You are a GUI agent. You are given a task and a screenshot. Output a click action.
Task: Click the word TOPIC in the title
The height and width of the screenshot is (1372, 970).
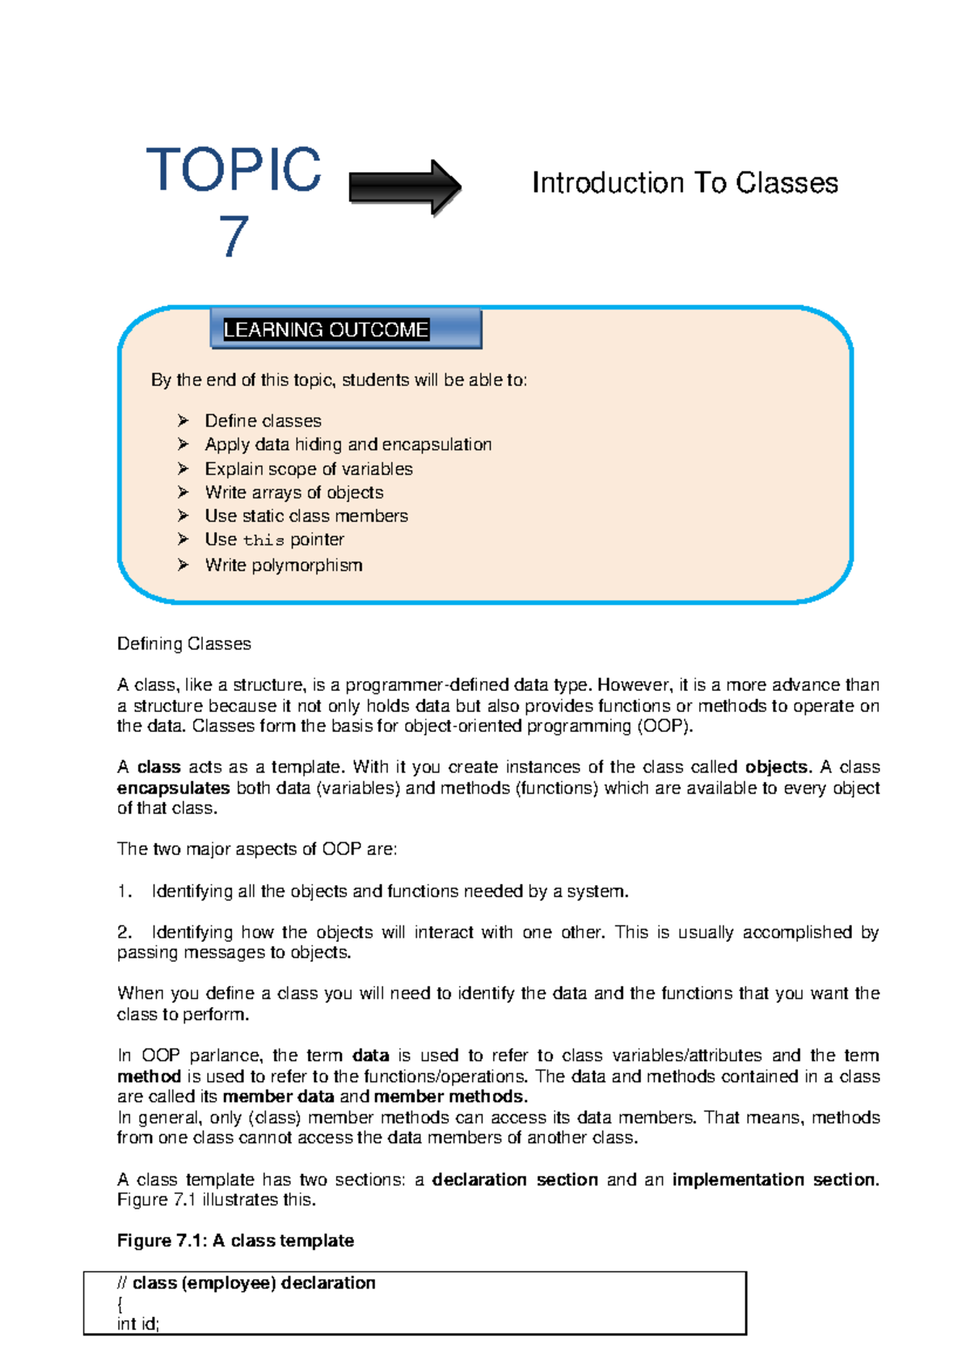pos(233,170)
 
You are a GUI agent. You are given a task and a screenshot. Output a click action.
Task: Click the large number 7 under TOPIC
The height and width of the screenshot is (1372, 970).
pos(233,236)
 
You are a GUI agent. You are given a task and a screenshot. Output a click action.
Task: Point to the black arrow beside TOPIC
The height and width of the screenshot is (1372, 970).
pos(404,187)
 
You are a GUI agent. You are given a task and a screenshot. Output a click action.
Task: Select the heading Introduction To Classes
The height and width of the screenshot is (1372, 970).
pos(684,183)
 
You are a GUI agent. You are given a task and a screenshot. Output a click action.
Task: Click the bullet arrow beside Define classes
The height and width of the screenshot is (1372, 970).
pos(183,421)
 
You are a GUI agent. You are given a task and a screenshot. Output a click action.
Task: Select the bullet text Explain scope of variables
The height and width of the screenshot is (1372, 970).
pos(308,469)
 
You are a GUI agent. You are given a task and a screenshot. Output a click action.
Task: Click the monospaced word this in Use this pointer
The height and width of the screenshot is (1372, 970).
pos(264,540)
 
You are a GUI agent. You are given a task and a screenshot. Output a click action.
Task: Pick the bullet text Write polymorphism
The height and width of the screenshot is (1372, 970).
pos(283,565)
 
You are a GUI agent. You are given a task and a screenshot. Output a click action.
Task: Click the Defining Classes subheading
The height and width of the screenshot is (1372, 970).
pos(183,644)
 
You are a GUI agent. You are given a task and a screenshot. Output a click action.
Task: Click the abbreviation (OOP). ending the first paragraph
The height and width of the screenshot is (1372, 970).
pos(664,726)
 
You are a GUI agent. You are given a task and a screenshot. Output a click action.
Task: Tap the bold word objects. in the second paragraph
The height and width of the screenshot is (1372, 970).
pos(777,767)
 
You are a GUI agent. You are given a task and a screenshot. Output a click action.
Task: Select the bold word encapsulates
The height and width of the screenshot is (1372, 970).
pos(173,788)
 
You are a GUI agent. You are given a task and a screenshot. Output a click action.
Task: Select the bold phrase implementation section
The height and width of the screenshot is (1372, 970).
pos(774,1179)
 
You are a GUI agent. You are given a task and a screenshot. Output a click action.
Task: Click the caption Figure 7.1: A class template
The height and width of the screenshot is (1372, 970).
pos(235,1241)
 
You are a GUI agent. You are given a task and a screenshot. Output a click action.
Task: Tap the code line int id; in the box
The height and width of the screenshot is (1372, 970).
pos(138,1324)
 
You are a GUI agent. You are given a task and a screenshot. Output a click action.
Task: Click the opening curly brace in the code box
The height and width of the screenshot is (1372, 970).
pos(120,1304)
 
